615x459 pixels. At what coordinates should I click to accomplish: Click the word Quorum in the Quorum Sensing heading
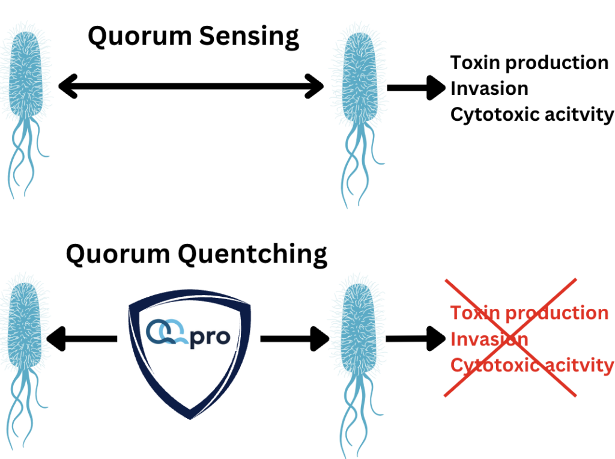(x=139, y=37)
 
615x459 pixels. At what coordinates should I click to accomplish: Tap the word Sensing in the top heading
(x=249, y=37)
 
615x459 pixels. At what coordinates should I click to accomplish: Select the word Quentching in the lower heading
(x=253, y=255)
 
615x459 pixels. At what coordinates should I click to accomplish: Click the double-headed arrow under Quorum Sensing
(x=191, y=86)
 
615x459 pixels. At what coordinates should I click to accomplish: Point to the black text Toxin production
(x=530, y=63)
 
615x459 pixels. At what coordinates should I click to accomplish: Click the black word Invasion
(x=489, y=88)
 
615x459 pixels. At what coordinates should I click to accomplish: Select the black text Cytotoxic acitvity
(x=532, y=115)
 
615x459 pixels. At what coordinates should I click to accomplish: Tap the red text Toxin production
(x=530, y=313)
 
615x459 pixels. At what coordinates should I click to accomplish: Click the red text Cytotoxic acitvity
(x=532, y=365)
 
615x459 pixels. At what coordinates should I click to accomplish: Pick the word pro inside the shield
(x=210, y=338)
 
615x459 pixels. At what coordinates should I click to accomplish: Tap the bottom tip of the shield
(x=190, y=419)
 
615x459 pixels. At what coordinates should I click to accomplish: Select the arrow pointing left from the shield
(x=82, y=339)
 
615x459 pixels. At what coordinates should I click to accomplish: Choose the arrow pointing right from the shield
(x=294, y=339)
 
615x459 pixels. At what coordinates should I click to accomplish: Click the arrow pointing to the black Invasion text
(x=416, y=88)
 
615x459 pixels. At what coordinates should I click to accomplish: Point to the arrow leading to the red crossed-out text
(x=416, y=339)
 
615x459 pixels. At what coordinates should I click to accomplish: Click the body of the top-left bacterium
(x=26, y=74)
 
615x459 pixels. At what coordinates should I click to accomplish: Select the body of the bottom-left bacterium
(x=24, y=326)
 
